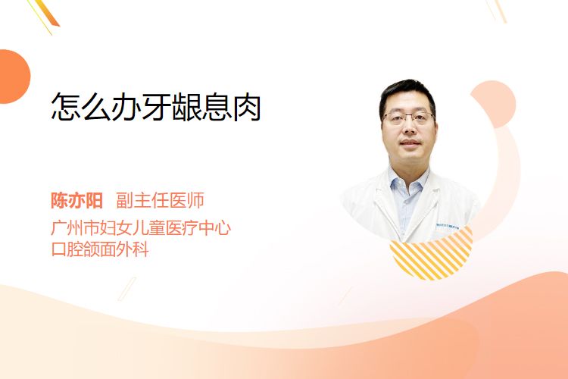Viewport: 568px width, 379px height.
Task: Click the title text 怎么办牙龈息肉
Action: (156, 107)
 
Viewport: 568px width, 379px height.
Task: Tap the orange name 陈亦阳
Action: (76, 201)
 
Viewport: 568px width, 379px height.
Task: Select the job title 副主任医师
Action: (160, 201)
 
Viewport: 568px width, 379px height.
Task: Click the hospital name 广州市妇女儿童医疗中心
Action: (141, 228)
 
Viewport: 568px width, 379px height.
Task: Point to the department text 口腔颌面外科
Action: (100, 249)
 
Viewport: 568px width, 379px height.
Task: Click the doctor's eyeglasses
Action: (409, 117)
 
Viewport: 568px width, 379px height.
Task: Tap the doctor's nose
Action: (409, 127)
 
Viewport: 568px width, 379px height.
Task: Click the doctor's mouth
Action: (410, 143)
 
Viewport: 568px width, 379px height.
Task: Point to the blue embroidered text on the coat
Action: (448, 226)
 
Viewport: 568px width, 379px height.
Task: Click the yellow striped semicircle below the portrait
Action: (431, 254)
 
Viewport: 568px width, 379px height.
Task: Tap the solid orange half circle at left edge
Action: (14, 77)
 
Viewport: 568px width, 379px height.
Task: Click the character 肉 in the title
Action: (247, 107)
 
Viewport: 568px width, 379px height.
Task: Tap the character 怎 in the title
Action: (66, 107)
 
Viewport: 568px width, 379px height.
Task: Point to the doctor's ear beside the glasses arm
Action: (435, 124)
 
